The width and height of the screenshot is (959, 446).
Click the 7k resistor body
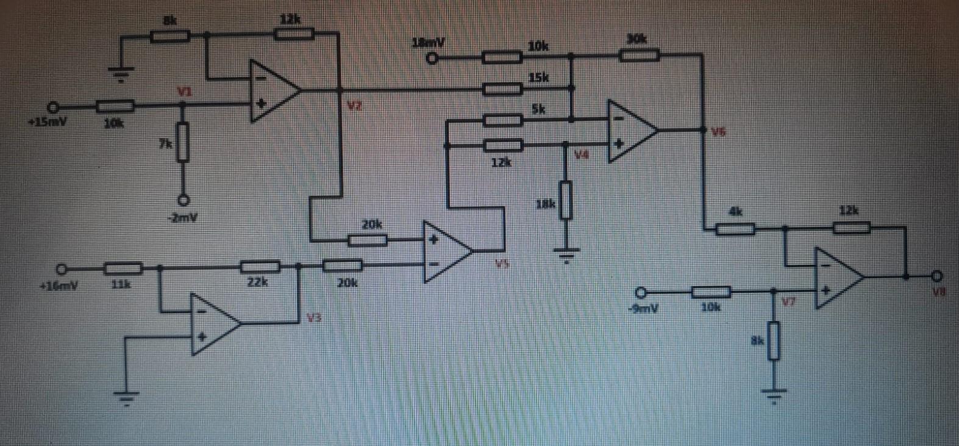[x=183, y=142]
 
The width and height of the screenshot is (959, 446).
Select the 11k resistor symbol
[x=123, y=268]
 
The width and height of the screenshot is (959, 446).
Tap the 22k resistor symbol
[x=260, y=267]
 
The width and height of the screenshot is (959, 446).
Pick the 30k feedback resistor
[x=639, y=56]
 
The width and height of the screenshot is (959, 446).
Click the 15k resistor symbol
[x=502, y=89]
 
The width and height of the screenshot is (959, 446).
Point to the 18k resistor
[x=566, y=200]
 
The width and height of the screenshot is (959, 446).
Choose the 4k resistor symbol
[x=735, y=229]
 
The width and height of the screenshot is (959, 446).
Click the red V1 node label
[x=184, y=92]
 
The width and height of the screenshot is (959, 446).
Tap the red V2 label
[x=354, y=106]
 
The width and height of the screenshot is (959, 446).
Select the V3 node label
[x=313, y=317]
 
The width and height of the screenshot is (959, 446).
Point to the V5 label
[x=502, y=264]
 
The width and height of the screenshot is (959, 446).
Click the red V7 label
[x=788, y=302]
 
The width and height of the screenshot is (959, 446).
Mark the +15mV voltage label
[x=47, y=122]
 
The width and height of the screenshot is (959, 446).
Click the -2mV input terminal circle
[x=183, y=200]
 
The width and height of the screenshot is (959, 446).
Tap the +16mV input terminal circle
[x=62, y=268]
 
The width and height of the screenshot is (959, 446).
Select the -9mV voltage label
[x=643, y=309]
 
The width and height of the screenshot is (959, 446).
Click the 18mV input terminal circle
[x=432, y=59]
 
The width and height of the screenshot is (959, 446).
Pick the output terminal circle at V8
[x=938, y=276]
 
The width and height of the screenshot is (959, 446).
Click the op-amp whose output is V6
[x=632, y=131]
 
